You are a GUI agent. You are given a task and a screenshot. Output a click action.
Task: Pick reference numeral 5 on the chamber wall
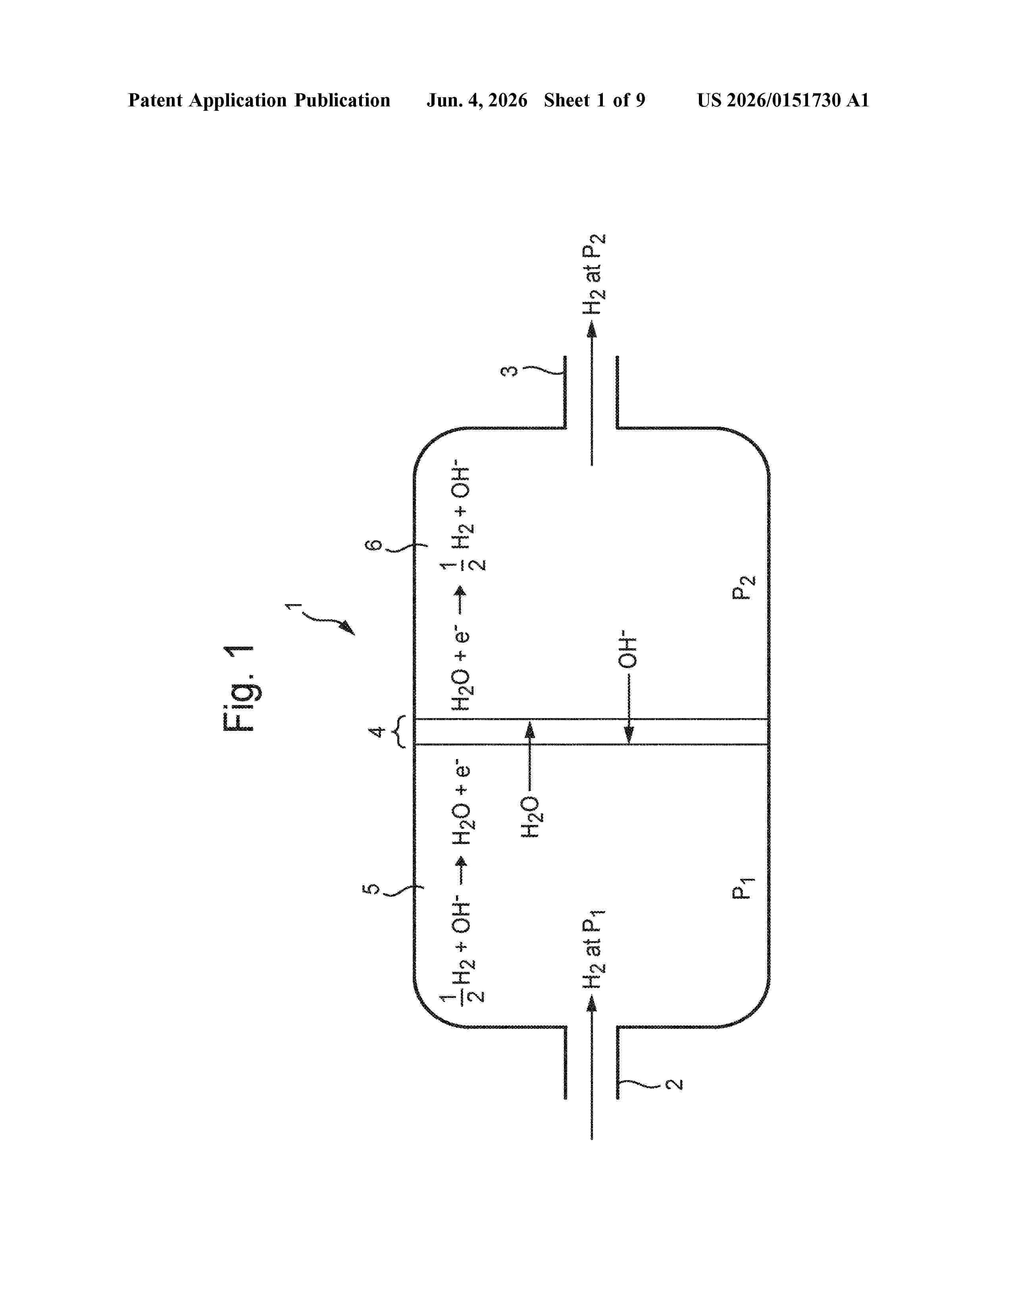[x=372, y=888]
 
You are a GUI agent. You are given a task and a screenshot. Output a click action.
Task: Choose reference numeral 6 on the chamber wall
[x=373, y=545]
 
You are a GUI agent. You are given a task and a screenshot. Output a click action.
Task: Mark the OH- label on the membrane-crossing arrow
[x=628, y=649]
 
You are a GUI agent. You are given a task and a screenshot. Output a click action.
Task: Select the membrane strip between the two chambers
[x=591, y=732]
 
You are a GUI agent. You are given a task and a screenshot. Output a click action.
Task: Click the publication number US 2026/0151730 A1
[x=783, y=100]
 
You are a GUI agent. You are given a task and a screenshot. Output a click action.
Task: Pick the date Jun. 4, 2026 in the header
[x=477, y=100]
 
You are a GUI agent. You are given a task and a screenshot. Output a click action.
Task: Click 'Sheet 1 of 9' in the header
[x=595, y=100]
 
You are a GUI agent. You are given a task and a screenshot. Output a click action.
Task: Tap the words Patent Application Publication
[x=259, y=100]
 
